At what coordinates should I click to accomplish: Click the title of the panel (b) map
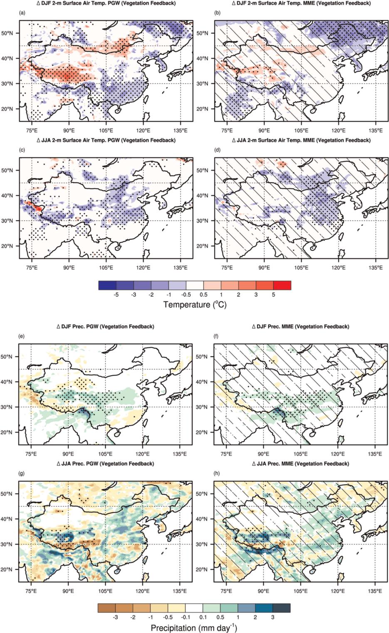coord(301,3)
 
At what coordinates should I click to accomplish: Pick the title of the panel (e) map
coord(105,327)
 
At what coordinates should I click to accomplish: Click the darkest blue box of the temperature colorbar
coord(107,285)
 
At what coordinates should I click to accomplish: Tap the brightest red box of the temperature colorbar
coord(282,285)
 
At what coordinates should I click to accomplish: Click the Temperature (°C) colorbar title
coord(195,305)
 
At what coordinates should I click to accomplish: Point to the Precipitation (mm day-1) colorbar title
coord(194,628)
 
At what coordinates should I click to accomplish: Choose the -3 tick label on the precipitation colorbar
coord(115,618)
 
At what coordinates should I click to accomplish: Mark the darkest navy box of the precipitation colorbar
coord(282,608)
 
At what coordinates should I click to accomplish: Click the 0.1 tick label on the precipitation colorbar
coord(203,618)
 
